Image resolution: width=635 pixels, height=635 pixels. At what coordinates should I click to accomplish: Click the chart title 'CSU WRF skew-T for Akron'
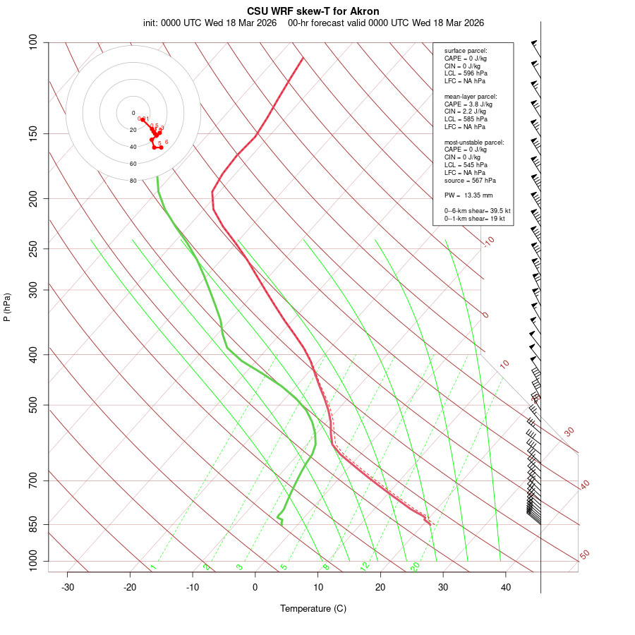pos(313,11)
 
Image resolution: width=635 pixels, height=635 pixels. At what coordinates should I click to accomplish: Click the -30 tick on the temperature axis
pos(68,587)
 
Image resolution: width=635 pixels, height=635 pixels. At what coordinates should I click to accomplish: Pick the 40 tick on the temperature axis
pos(506,587)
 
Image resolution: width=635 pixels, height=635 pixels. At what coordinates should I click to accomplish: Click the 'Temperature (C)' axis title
pos(313,608)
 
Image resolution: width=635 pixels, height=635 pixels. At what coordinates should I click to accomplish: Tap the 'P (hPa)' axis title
pos(7,307)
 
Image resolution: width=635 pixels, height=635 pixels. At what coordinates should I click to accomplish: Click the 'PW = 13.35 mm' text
pos(468,195)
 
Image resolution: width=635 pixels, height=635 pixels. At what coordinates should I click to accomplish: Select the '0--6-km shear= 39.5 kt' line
pos(477,211)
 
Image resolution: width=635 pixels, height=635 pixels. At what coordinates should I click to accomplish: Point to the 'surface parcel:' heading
pos(466,51)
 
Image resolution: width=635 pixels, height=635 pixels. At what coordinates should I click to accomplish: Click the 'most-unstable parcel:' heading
pos(474,143)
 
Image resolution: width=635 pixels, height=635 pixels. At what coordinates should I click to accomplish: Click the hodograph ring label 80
pos(133,181)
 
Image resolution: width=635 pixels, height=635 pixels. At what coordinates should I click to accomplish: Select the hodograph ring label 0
pos(133,113)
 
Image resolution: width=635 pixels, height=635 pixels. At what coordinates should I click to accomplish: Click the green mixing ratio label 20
pos(416,566)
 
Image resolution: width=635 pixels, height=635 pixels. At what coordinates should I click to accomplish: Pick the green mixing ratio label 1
pos(153,567)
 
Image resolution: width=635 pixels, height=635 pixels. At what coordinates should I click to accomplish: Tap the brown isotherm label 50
pos(584,555)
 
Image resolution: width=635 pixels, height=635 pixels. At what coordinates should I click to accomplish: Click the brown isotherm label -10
pos(489,241)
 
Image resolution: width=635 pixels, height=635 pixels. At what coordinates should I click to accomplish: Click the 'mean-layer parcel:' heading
pos(470,97)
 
